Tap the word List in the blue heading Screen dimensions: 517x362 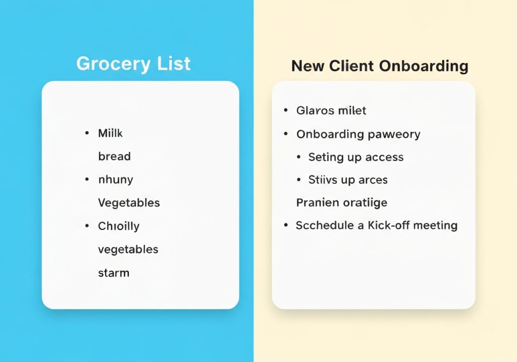174,63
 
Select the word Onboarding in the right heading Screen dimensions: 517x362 424,66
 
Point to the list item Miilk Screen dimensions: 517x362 110,133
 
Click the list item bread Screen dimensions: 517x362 115,157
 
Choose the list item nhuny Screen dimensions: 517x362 116,180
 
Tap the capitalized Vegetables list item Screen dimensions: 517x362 129,203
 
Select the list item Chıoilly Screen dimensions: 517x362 119,227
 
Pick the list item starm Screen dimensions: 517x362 114,273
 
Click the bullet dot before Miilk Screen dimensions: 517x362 87,133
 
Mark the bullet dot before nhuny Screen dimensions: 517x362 87,180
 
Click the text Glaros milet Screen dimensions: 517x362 331,111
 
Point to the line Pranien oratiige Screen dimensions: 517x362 342,203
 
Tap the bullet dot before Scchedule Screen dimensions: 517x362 286,226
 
